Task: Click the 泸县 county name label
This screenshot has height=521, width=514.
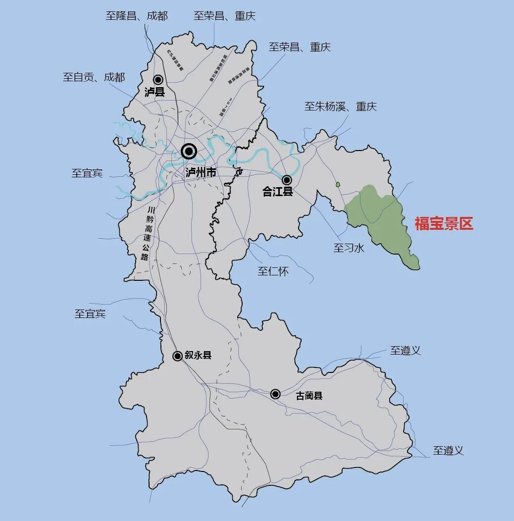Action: [154, 92]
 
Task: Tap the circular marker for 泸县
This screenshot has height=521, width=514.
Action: [158, 79]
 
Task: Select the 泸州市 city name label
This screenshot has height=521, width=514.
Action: [201, 172]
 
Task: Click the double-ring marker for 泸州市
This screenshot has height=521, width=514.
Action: [189, 151]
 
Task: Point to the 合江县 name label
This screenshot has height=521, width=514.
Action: [278, 192]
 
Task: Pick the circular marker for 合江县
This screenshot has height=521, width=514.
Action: [287, 180]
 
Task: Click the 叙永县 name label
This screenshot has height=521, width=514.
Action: [198, 355]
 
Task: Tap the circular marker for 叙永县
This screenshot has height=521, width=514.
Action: [177, 356]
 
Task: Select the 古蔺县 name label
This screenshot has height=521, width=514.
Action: [309, 396]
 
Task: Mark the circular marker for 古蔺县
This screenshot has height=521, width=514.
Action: [275, 394]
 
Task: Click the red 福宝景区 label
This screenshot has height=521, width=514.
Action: [444, 224]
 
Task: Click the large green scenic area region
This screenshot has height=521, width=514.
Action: [379, 218]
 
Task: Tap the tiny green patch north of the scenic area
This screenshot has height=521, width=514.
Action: [338, 185]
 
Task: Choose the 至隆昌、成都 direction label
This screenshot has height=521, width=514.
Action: [137, 16]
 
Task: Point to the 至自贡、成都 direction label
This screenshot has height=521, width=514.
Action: [94, 77]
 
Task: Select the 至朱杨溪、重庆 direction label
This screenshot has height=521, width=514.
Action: [341, 106]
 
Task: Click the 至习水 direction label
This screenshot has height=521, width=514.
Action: [349, 248]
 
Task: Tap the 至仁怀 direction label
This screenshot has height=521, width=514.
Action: [273, 271]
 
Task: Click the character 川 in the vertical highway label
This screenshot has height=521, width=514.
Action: [151, 210]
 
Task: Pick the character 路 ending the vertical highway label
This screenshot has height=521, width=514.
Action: [145, 257]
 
